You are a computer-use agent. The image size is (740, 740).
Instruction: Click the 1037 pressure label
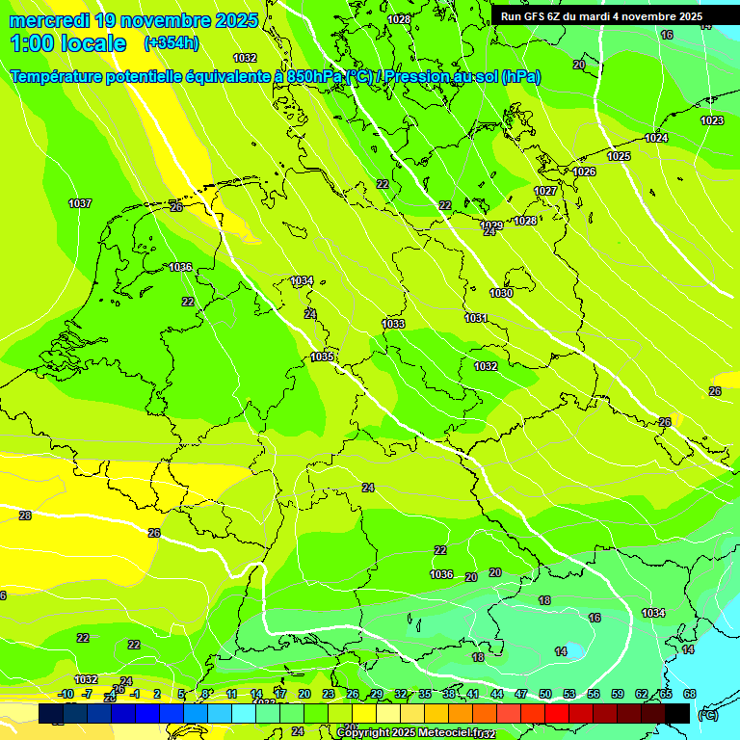click(80, 203)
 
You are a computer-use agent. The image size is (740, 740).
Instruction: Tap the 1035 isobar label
click(322, 357)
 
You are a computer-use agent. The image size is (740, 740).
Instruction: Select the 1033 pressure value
click(393, 325)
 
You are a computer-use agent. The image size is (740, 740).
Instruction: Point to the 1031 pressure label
click(476, 318)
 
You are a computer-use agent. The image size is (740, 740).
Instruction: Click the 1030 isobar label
click(501, 293)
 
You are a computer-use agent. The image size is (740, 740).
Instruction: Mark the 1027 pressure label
click(545, 192)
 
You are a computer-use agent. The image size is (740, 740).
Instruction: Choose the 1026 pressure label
click(584, 172)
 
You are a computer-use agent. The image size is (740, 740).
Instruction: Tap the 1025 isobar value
click(619, 156)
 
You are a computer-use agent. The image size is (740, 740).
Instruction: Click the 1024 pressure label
click(656, 139)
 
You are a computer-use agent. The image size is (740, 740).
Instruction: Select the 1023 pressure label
click(712, 120)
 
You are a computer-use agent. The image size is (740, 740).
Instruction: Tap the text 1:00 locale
click(68, 43)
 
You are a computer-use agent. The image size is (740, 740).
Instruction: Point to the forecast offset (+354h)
click(171, 43)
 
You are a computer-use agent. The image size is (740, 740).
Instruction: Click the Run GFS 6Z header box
click(602, 16)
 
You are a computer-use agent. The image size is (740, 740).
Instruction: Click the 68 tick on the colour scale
click(689, 694)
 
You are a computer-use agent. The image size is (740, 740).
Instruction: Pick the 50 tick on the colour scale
click(545, 694)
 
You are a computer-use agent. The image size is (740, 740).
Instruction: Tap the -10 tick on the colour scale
click(66, 694)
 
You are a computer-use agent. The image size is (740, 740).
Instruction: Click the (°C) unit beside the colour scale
click(708, 715)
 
